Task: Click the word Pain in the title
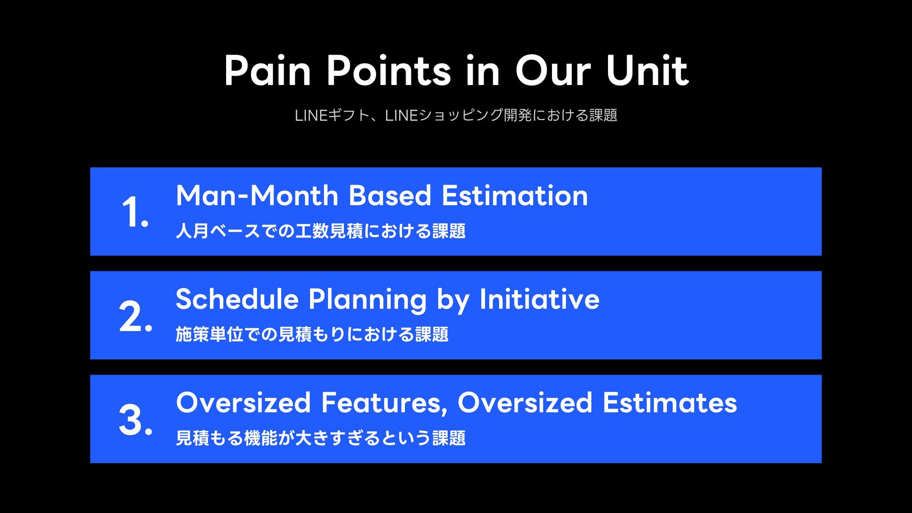click(267, 71)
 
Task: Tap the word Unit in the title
click(647, 71)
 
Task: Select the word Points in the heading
click(389, 71)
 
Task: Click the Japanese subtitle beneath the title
click(456, 115)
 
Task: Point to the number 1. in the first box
click(135, 211)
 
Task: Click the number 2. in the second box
click(135, 315)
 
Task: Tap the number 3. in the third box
click(135, 419)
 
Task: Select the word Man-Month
click(257, 195)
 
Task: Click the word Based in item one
click(390, 195)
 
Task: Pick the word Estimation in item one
click(515, 195)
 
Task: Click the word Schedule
click(237, 299)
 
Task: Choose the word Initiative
click(540, 299)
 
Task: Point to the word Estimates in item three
click(670, 403)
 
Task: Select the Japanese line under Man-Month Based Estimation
click(321, 231)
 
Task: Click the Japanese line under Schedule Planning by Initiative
click(312, 334)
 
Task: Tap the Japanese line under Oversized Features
click(321, 438)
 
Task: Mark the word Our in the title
click(553, 71)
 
